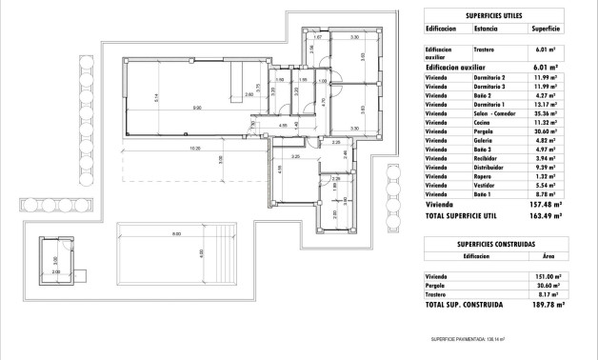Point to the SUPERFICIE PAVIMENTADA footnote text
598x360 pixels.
tap(467, 338)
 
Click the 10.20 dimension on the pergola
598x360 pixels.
tap(194, 149)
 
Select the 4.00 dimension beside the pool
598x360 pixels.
tap(201, 253)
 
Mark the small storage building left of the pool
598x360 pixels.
tap(55, 259)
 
